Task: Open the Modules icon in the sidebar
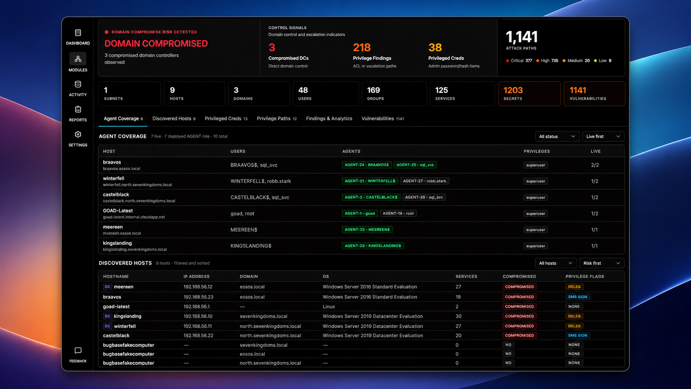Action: (78, 59)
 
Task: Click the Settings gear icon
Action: (78, 134)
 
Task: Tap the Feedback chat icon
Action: (78, 351)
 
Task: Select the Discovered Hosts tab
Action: (174, 119)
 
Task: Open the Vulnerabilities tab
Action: (383, 119)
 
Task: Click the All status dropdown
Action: (557, 136)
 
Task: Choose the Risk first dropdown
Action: (602, 263)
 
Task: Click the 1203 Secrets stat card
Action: (529, 93)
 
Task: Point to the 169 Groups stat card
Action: (394, 93)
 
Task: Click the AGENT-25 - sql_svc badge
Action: (415, 165)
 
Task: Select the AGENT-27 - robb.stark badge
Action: (424, 181)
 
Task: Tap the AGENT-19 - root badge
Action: (398, 213)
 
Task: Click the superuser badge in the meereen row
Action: (536, 229)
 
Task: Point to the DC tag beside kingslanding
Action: (107, 316)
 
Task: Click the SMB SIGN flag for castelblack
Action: (577, 335)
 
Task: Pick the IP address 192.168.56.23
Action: (198, 297)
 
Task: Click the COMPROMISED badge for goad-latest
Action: (519, 306)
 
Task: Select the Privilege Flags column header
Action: (584, 277)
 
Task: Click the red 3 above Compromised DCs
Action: (272, 48)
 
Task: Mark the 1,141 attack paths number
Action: (522, 37)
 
